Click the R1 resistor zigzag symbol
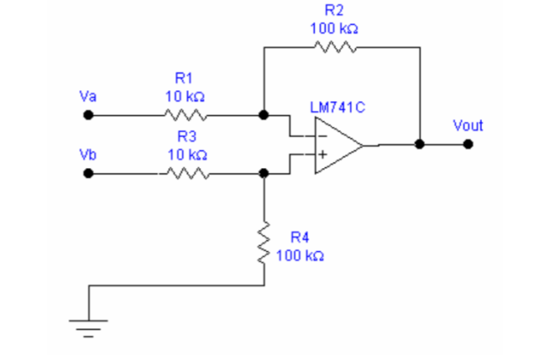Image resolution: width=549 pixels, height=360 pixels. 184,115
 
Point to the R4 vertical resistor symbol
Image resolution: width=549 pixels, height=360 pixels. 264,243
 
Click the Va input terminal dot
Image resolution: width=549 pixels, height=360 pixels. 88,115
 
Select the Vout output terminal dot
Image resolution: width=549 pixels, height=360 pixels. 467,144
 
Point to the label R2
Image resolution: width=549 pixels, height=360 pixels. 334,10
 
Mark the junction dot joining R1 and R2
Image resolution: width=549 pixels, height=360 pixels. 264,115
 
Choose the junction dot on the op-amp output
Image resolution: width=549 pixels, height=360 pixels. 420,144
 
